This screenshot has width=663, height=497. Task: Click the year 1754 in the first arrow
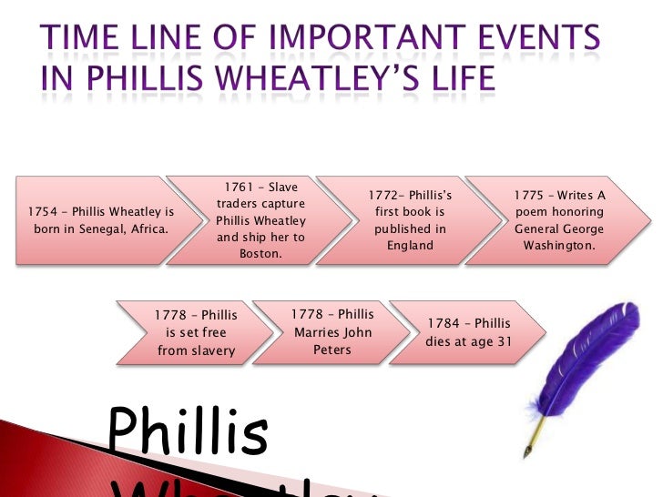point(42,212)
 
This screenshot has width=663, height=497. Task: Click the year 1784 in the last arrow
point(446,324)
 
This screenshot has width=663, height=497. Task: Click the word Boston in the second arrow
point(260,254)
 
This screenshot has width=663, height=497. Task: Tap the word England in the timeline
point(410,245)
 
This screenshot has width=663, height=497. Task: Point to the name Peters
point(331,350)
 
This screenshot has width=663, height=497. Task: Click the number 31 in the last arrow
point(503,341)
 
